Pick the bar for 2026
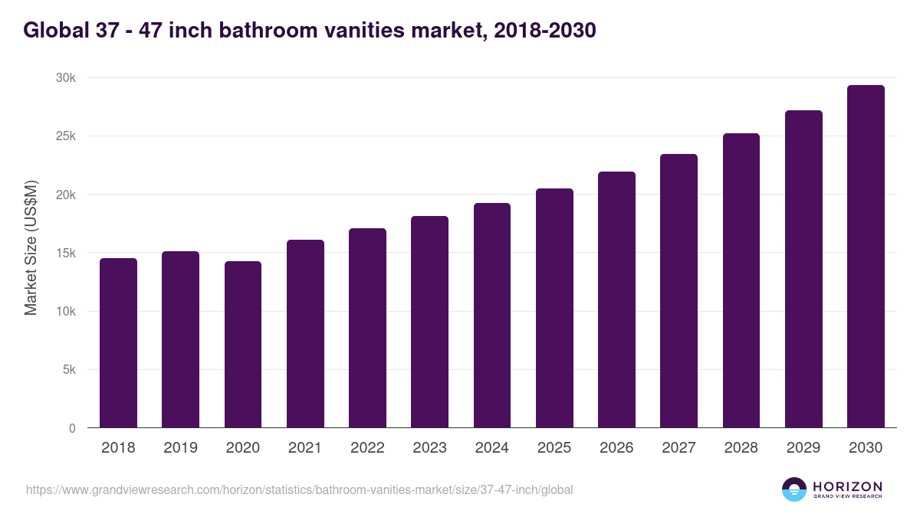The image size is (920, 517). tap(616, 299)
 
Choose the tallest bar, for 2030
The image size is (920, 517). tap(866, 257)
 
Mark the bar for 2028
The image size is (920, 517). tap(741, 280)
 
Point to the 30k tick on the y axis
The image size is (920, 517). tap(65, 78)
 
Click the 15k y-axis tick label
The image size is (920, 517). tap(65, 254)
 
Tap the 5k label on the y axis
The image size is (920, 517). tap(68, 370)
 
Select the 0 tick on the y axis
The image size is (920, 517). tap(72, 429)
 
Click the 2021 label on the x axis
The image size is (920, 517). tap(305, 448)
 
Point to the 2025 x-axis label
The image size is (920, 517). tap(554, 448)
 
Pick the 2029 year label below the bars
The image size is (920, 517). tap(803, 448)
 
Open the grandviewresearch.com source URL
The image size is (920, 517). tap(299, 489)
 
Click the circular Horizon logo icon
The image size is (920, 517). tap(794, 489)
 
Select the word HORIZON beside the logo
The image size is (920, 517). tap(847, 486)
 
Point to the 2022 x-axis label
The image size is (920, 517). tap(367, 448)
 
